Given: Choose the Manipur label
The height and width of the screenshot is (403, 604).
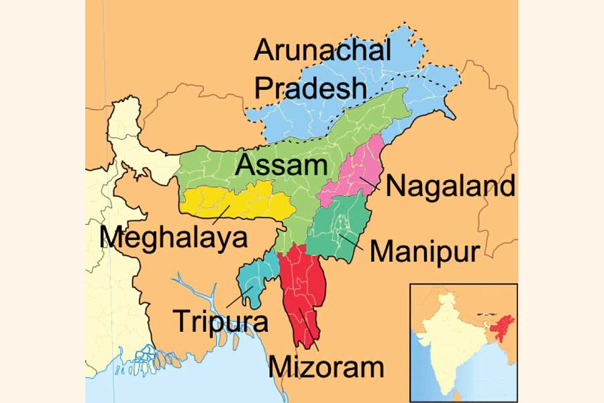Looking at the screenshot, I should click(x=424, y=252).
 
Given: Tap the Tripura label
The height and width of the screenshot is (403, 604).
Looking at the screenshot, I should click(x=221, y=321).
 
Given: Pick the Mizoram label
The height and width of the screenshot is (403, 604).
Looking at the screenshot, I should click(x=326, y=367).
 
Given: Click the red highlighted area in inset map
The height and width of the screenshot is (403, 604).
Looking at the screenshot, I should click(x=499, y=328).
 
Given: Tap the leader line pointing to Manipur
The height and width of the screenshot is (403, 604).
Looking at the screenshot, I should click(x=353, y=243).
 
